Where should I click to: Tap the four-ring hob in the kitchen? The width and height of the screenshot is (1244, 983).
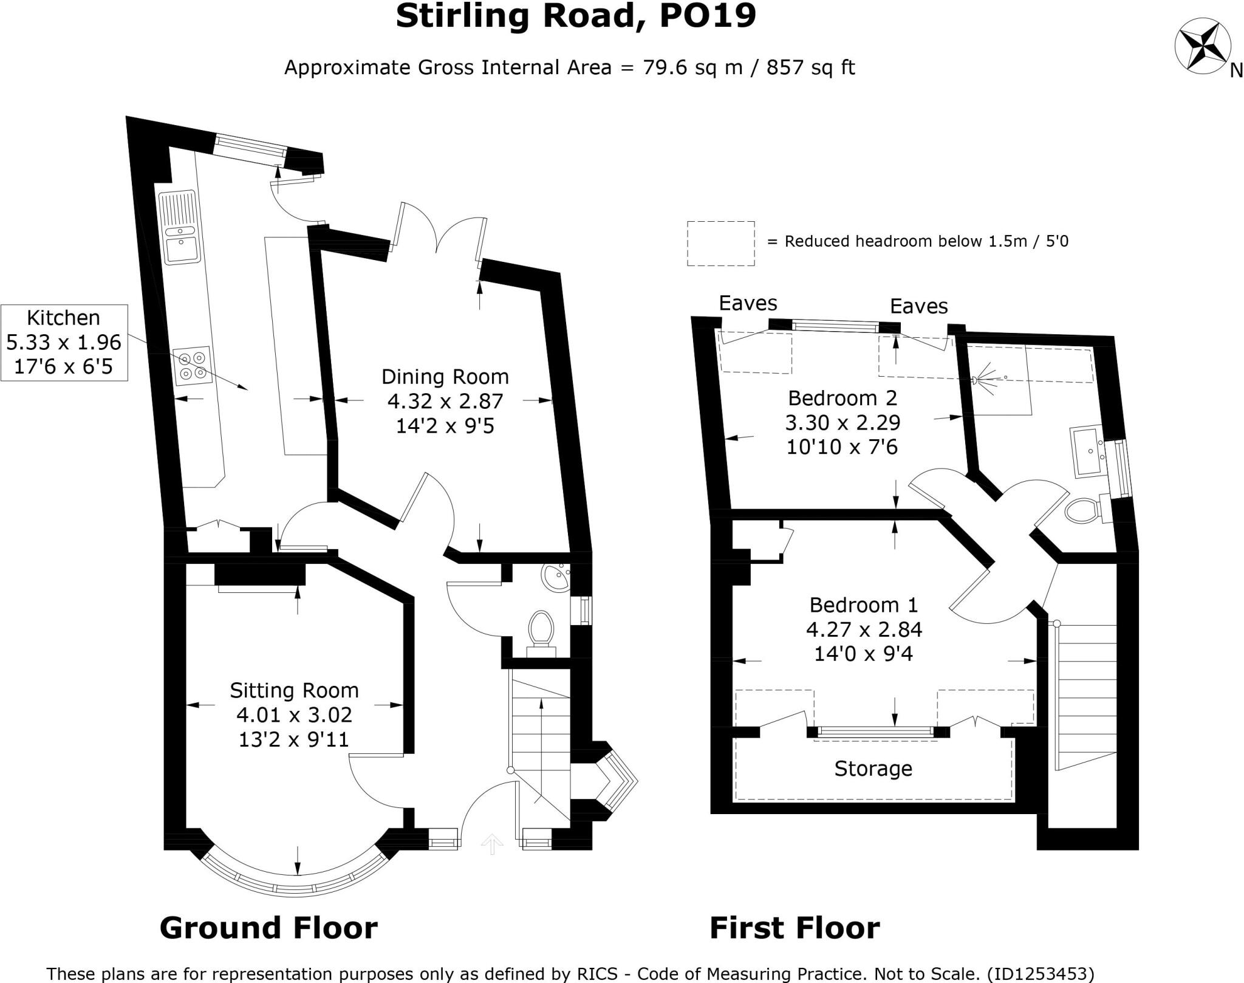[x=193, y=366]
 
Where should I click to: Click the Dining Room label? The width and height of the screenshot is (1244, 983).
[x=445, y=377]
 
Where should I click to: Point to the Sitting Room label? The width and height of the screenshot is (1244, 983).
[x=294, y=690]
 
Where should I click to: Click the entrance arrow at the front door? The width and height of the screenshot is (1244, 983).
[x=492, y=844]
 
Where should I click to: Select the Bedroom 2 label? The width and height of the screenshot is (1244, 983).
[x=842, y=398]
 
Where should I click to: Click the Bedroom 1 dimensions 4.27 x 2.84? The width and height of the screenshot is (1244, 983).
[x=864, y=629]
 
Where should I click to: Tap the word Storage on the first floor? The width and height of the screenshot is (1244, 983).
[x=873, y=769]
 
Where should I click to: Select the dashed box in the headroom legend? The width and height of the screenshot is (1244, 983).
[x=721, y=243]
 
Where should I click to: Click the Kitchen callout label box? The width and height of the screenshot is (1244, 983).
[x=64, y=343]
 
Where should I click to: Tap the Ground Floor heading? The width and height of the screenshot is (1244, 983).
[x=268, y=928]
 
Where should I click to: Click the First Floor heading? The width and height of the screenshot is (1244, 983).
[x=795, y=928]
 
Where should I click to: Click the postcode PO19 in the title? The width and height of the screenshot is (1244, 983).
[x=708, y=16]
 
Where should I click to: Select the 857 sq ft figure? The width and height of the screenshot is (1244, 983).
[x=810, y=67]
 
